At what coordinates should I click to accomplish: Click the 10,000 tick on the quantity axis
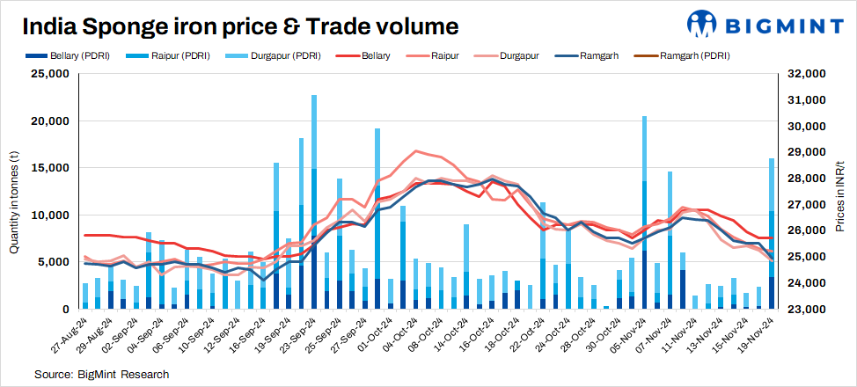click(x=51, y=215)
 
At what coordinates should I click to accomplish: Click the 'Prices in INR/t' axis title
click(x=841, y=192)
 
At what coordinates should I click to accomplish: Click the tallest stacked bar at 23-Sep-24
click(x=314, y=202)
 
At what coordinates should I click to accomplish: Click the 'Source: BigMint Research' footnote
click(x=101, y=374)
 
